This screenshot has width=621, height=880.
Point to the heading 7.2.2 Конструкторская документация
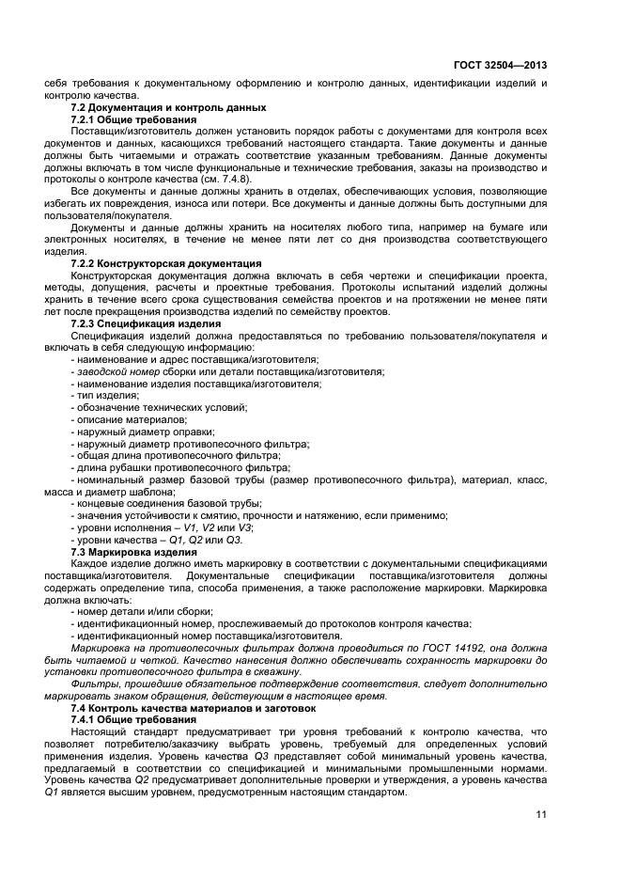point(166,264)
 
